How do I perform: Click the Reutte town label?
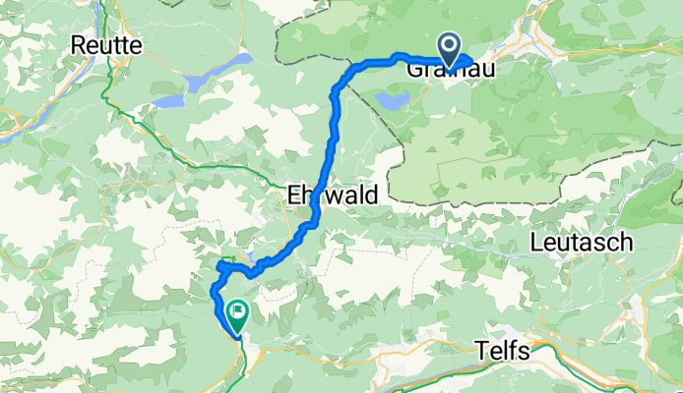click(x=107, y=45)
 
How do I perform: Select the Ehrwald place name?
click(x=333, y=196)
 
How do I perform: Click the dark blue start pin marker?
click(x=450, y=47)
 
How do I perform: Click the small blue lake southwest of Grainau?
click(x=392, y=99)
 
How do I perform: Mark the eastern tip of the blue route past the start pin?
click(x=471, y=67)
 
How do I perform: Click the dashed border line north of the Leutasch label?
click(x=551, y=203)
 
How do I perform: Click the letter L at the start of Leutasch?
click(x=536, y=242)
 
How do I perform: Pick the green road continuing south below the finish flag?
click(x=240, y=364)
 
